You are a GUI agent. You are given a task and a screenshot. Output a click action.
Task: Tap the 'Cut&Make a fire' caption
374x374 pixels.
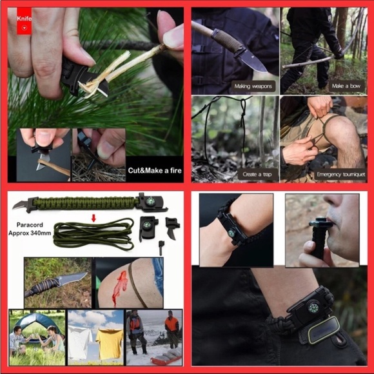[152, 170]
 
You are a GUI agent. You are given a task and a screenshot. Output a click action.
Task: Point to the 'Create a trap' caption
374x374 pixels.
[257, 174]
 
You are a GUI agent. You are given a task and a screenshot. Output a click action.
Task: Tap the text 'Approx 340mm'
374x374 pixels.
[32, 235]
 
